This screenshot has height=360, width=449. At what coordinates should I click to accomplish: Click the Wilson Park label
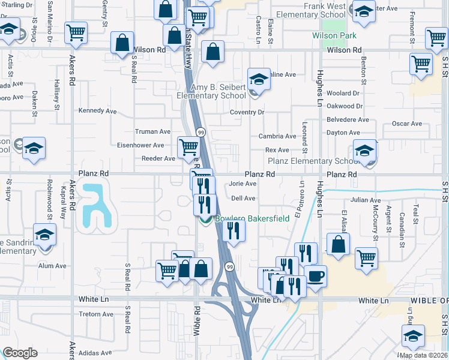(334, 35)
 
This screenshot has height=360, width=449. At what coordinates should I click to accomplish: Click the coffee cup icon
(316, 277)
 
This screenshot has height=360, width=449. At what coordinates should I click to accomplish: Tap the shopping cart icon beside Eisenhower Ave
(189, 146)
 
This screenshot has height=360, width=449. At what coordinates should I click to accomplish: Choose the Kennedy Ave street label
(98, 111)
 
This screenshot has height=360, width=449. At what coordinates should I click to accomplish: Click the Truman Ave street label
(153, 131)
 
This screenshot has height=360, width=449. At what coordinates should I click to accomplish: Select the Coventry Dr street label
(247, 112)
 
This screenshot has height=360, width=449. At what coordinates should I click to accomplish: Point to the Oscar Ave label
(408, 124)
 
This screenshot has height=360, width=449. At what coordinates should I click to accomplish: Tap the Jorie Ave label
(243, 184)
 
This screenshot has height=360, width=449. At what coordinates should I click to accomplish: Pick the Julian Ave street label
(366, 200)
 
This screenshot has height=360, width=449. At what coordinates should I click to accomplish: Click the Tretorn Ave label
(96, 314)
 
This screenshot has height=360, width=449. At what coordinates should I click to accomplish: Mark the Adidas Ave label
(96, 353)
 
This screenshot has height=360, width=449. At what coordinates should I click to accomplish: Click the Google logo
(20, 353)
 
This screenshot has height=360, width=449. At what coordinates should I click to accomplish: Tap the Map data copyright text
(423, 355)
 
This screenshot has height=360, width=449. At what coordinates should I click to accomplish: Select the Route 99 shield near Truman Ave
(200, 132)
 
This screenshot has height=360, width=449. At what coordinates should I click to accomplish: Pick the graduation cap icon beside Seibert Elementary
(258, 80)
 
